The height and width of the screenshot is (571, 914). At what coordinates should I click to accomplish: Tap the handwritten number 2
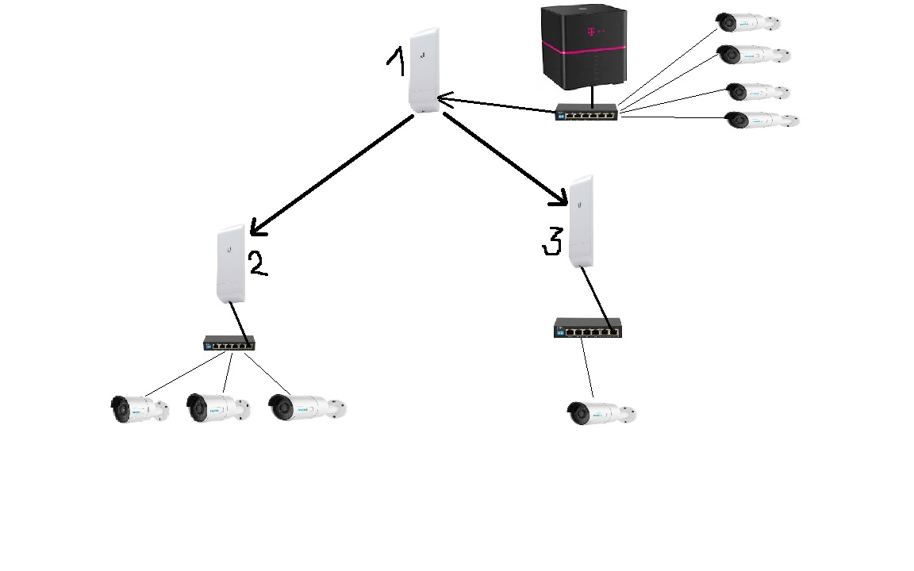[x=258, y=263]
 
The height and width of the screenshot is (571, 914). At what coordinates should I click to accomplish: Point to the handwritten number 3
[x=552, y=242]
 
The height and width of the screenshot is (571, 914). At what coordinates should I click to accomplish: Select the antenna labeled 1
[x=424, y=71]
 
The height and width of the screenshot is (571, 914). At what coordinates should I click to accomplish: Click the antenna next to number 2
[x=231, y=263]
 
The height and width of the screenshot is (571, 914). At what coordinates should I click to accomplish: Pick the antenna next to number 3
[x=582, y=221]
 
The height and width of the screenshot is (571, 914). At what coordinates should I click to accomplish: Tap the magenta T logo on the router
[x=590, y=31]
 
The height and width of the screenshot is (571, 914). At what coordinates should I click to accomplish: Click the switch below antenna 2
[x=228, y=343]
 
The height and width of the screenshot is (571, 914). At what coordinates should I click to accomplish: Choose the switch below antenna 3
[x=587, y=328]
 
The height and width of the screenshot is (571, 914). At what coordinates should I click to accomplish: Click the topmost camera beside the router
[x=747, y=22]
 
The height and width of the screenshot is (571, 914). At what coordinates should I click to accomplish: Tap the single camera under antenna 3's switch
[x=601, y=413]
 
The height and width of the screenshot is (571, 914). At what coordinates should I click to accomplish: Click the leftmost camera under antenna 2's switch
[x=139, y=408]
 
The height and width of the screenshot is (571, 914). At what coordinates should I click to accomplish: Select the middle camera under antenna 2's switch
[x=217, y=408]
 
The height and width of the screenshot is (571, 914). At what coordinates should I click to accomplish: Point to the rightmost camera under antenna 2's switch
[x=307, y=407]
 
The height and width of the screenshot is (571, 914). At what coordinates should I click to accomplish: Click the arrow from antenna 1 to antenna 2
[x=332, y=175]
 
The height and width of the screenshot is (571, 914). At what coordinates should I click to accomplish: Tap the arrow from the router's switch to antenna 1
[x=496, y=105]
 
